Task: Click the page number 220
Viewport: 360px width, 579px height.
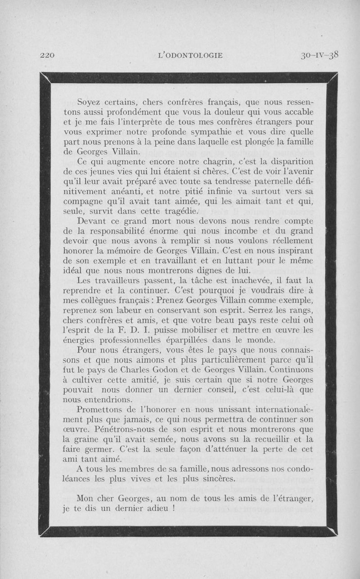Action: [x=47, y=56]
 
